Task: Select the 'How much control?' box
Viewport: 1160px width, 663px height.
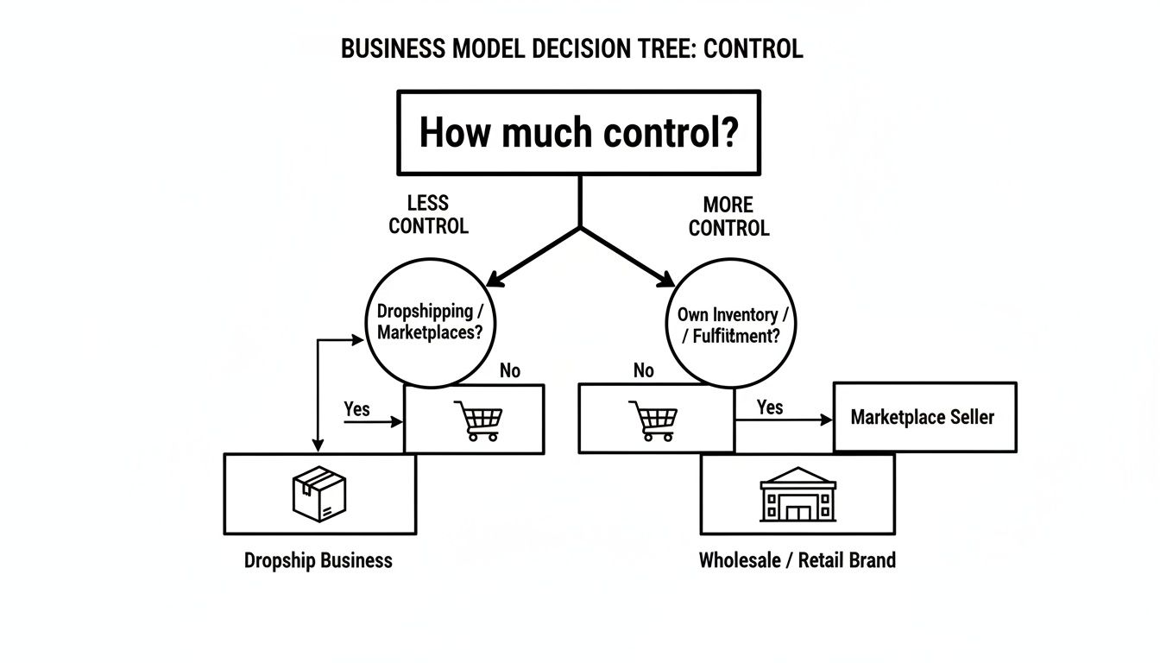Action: pyautogui.click(x=578, y=132)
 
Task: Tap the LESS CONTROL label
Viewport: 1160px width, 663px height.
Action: pyautogui.click(x=428, y=215)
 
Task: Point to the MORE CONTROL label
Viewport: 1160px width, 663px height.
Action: pyautogui.click(x=728, y=217)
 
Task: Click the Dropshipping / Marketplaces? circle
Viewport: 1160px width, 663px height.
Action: pyautogui.click(x=425, y=321)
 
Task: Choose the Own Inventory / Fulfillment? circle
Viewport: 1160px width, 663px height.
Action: pyautogui.click(x=731, y=325)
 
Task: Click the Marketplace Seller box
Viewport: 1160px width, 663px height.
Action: pyautogui.click(x=924, y=417)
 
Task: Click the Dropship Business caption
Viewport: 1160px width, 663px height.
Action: pyautogui.click(x=318, y=560)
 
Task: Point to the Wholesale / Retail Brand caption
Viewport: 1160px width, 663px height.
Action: pyautogui.click(x=797, y=560)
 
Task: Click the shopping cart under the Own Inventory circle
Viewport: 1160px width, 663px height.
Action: pyautogui.click(x=652, y=420)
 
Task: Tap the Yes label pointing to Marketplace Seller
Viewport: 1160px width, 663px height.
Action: pyautogui.click(x=770, y=407)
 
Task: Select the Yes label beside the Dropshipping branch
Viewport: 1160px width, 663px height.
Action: pyautogui.click(x=356, y=408)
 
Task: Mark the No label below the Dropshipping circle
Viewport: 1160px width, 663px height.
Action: pyautogui.click(x=510, y=370)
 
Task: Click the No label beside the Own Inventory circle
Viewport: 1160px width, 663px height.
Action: pyautogui.click(x=644, y=370)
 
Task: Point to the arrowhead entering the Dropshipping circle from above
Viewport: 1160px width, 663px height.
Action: pyautogui.click(x=495, y=280)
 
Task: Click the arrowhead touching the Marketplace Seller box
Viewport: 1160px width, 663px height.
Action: pyautogui.click(x=826, y=420)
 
